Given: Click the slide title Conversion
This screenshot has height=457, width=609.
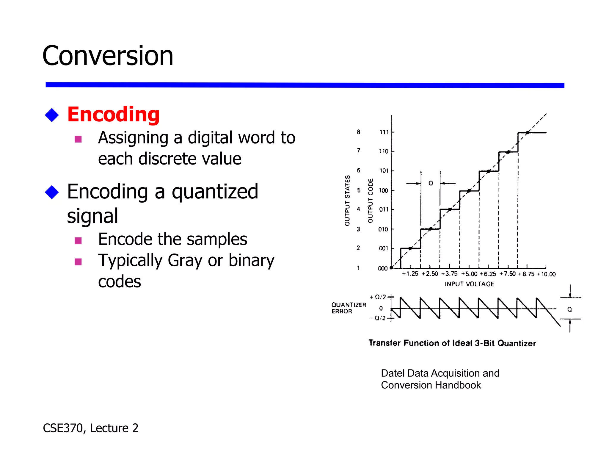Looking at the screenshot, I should [x=108, y=56].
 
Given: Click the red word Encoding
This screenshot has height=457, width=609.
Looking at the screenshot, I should [x=113, y=115].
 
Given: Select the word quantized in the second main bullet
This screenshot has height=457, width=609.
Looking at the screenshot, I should [x=215, y=192].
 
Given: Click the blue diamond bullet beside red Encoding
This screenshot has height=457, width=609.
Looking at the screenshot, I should [x=52, y=115].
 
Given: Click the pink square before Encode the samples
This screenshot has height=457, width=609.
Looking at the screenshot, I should [x=78, y=240].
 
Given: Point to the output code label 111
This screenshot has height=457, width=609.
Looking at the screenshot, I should [x=384, y=132].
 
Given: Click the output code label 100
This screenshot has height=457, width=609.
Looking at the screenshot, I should [x=383, y=190].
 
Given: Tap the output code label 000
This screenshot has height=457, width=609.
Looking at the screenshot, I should [x=383, y=268].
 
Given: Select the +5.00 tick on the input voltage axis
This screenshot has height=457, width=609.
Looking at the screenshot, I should [x=469, y=274].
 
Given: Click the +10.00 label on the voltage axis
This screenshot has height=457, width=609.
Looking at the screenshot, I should [x=546, y=274].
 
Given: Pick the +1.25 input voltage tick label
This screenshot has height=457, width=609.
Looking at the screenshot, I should [x=410, y=274].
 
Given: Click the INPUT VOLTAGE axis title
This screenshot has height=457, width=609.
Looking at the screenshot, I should [x=469, y=284].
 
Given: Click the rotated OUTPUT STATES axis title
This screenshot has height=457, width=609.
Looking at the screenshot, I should [x=347, y=200].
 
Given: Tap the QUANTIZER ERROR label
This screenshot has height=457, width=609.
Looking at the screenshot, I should [x=349, y=308].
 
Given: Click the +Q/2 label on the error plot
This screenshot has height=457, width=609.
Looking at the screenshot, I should [x=378, y=297].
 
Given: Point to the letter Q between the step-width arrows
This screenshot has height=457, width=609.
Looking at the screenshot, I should [x=431, y=183].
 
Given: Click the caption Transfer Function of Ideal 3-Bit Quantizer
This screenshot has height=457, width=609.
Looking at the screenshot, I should [x=452, y=343].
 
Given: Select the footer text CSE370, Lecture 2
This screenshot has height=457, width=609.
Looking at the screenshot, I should [x=91, y=428].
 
